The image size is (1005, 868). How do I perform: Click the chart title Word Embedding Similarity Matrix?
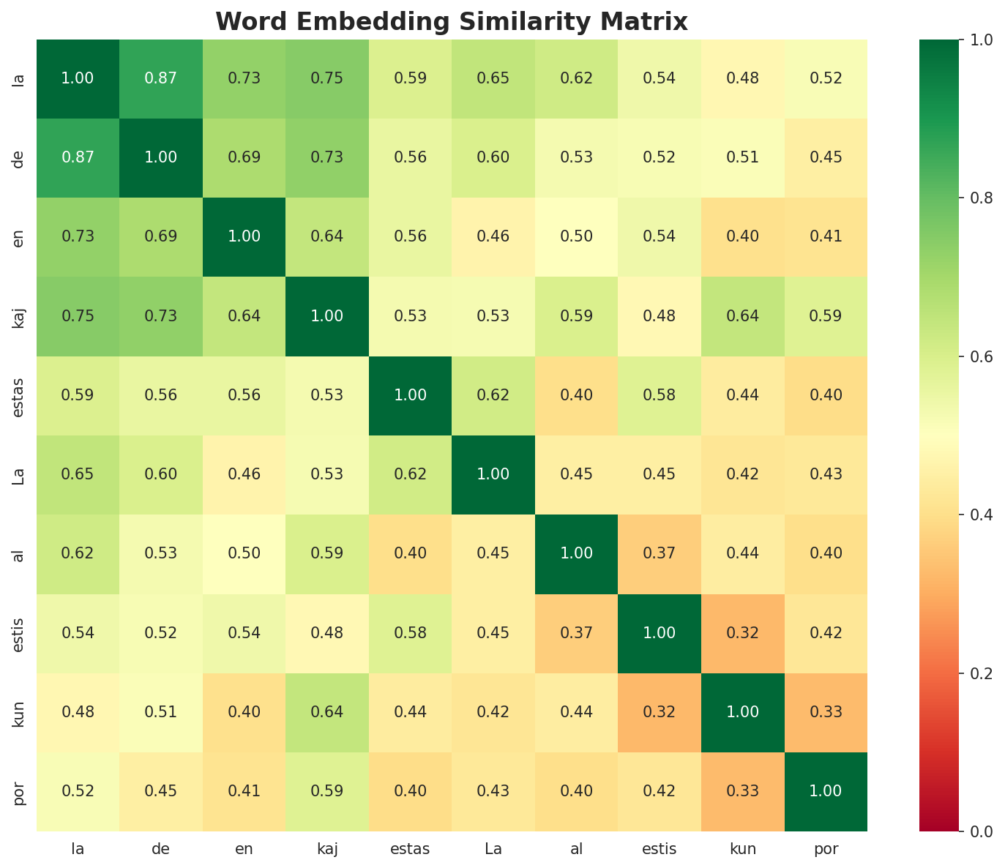tap(452, 22)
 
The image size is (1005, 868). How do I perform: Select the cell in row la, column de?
tap(160, 78)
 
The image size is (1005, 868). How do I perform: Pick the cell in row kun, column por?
tap(826, 711)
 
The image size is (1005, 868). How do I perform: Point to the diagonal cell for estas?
tap(410, 395)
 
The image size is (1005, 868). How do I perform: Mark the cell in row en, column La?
tap(493, 236)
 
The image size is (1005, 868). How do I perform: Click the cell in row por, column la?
tap(78, 791)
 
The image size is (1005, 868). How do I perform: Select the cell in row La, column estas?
tap(410, 474)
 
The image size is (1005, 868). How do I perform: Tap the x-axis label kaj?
tap(326, 849)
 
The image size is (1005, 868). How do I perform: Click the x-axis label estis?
tap(660, 849)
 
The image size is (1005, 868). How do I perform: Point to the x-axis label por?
tap(826, 849)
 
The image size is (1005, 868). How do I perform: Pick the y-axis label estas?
tap(20, 395)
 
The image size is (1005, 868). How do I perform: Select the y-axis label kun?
tap(20, 711)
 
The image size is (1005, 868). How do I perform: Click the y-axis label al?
tap(20, 553)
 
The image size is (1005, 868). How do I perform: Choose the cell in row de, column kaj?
tap(326, 157)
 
